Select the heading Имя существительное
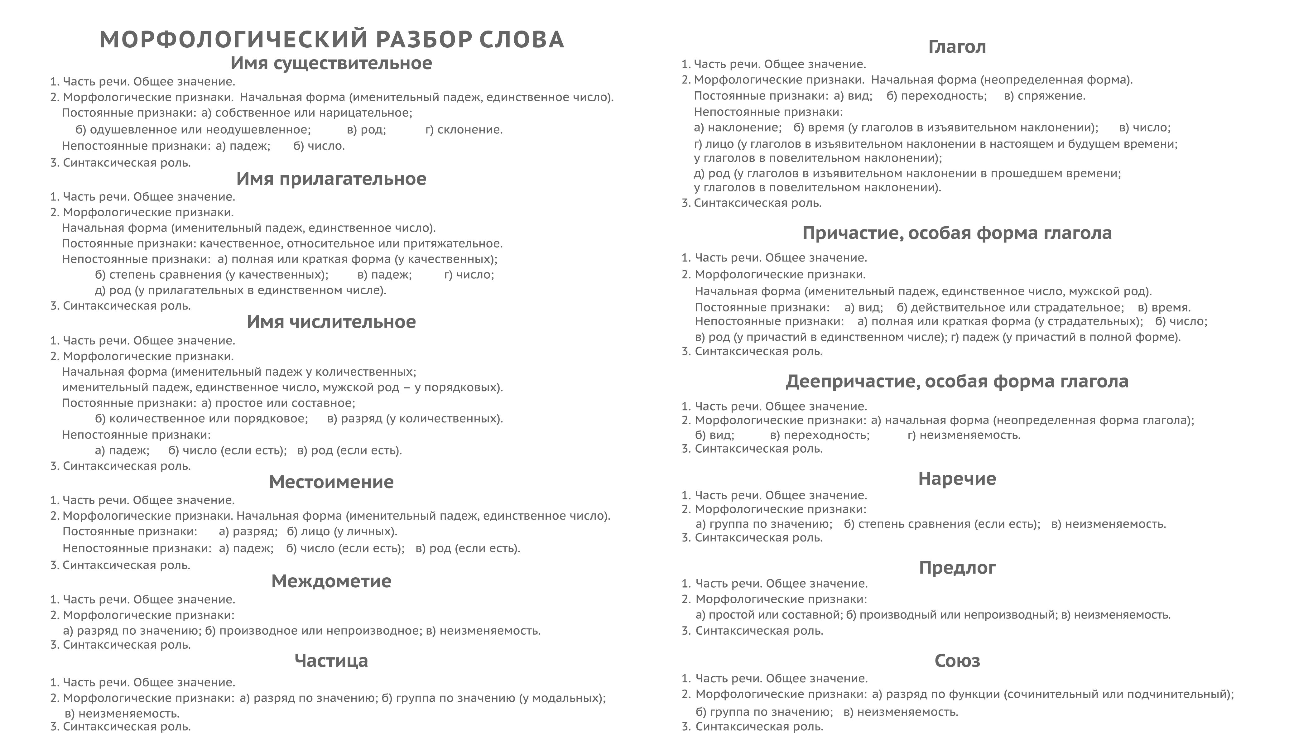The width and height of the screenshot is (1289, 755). coord(331,63)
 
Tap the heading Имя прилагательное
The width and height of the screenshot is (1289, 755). coord(331,179)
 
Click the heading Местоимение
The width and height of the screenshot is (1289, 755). coord(331,482)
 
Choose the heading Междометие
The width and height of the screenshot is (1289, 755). coord(331,581)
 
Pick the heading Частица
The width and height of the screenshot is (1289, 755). coord(331,661)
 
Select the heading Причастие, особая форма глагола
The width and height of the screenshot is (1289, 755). coord(956,233)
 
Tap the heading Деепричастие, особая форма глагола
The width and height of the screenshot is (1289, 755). coord(956,382)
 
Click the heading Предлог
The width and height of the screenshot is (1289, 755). coord(956,568)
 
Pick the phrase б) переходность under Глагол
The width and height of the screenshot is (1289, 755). coord(936,96)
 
